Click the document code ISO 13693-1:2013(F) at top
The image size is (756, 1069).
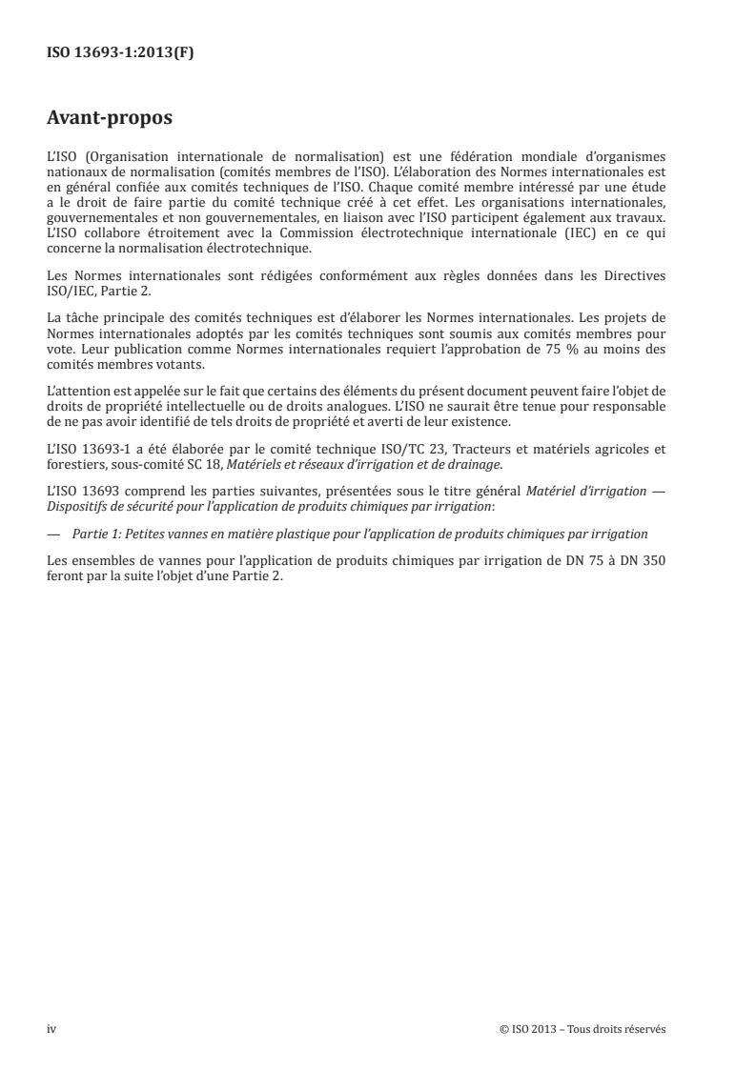(120, 54)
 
